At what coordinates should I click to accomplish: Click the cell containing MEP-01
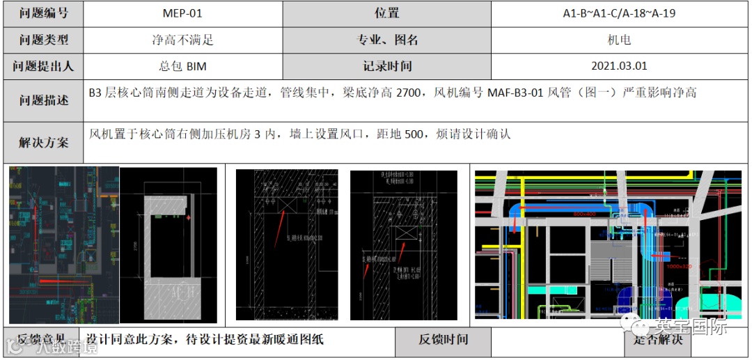point(183,13)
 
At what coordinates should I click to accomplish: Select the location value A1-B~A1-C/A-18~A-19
point(619,13)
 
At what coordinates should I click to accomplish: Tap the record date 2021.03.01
point(619,66)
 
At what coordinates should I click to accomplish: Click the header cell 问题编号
point(43,13)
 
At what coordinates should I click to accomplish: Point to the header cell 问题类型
point(43,40)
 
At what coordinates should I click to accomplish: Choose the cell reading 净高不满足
point(183,40)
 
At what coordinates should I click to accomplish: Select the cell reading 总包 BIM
point(183,66)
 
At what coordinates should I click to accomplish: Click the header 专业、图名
point(387,40)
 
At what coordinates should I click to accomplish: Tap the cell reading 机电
point(619,40)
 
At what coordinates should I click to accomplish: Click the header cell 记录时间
point(387,66)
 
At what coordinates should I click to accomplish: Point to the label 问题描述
point(43,100)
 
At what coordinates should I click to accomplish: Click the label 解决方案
point(43,143)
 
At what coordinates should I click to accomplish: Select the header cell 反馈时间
point(443,340)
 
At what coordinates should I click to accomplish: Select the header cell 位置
point(387,13)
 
